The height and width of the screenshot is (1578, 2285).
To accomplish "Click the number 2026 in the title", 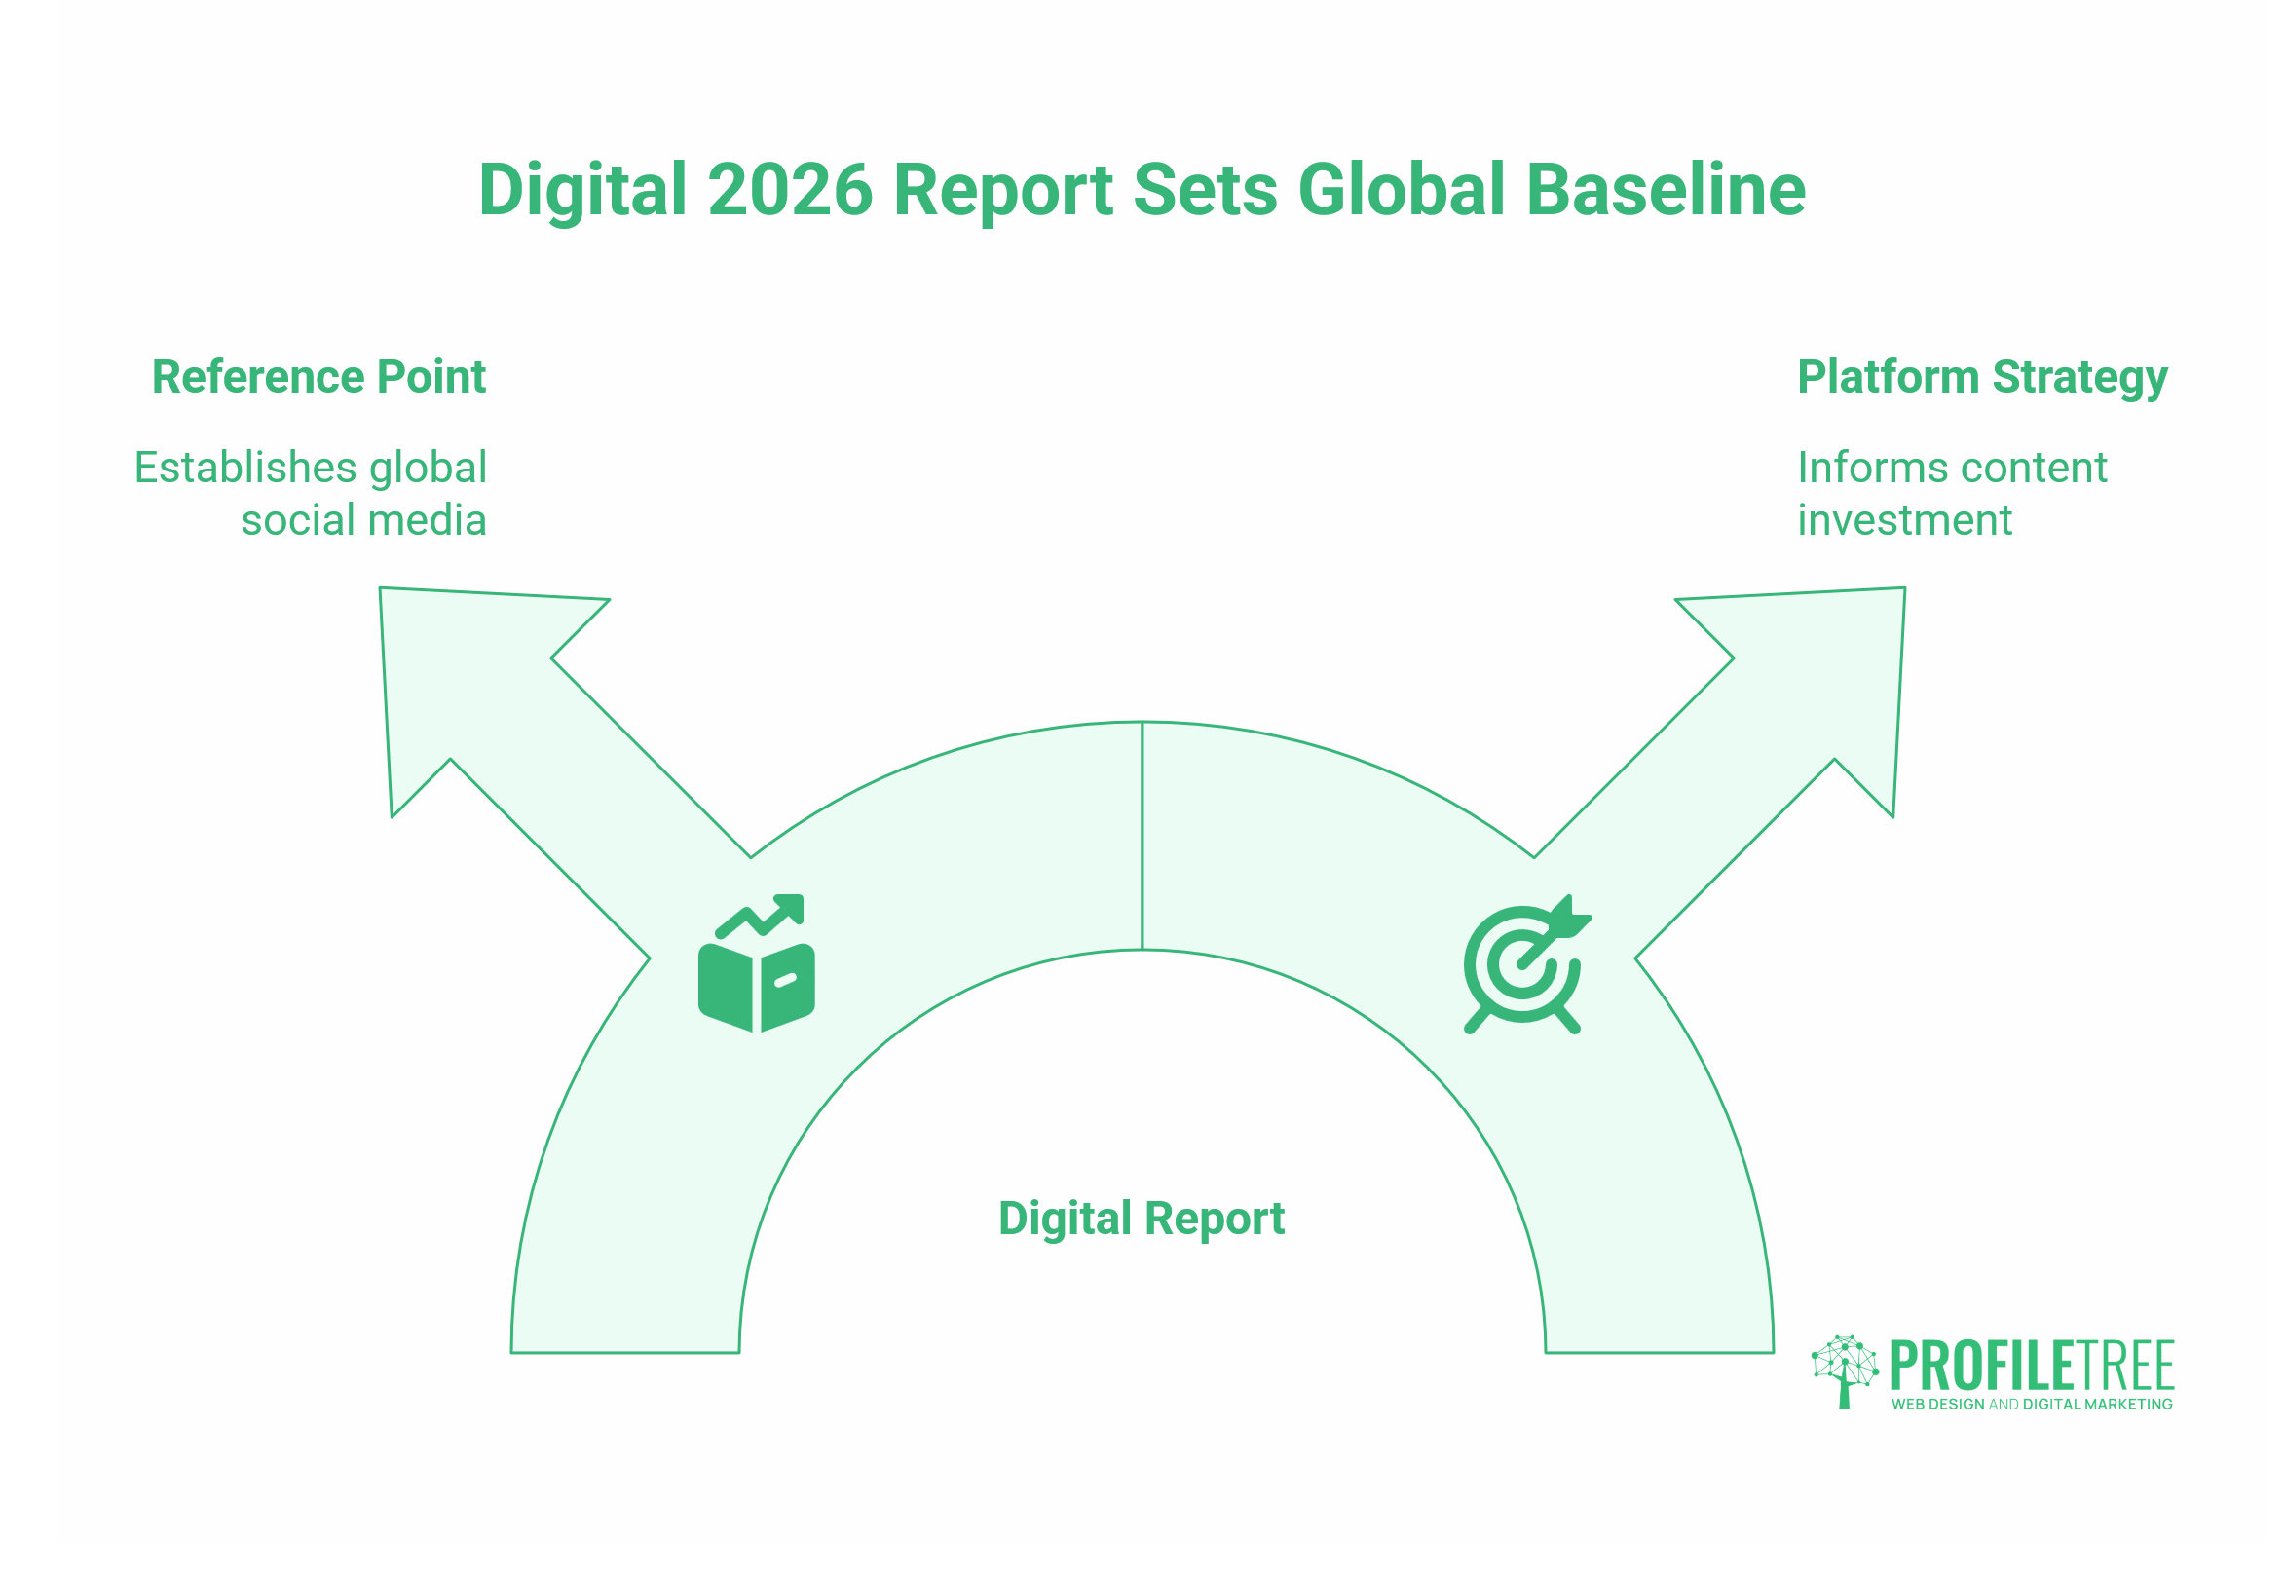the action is [x=790, y=189].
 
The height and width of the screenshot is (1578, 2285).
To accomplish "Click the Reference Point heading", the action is [x=318, y=377].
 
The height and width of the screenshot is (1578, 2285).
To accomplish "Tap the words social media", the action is [x=364, y=520].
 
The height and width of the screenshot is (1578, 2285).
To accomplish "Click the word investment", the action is [x=1904, y=520].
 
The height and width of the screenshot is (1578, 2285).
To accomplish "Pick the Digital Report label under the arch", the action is [x=1142, y=1220].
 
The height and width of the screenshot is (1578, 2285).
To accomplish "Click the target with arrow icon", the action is [x=1526, y=964].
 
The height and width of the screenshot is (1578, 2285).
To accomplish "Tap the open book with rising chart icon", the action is [x=757, y=963].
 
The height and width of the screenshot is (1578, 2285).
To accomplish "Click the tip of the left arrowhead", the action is [x=381, y=589].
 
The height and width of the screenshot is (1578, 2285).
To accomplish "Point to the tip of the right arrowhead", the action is [x=1904, y=589].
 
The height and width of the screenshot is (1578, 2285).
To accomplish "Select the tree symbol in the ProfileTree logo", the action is [x=1845, y=1371].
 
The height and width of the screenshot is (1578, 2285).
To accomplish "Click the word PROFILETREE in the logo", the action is [x=2032, y=1367].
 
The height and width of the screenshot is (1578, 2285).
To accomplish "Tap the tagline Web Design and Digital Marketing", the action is [x=2032, y=1404].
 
